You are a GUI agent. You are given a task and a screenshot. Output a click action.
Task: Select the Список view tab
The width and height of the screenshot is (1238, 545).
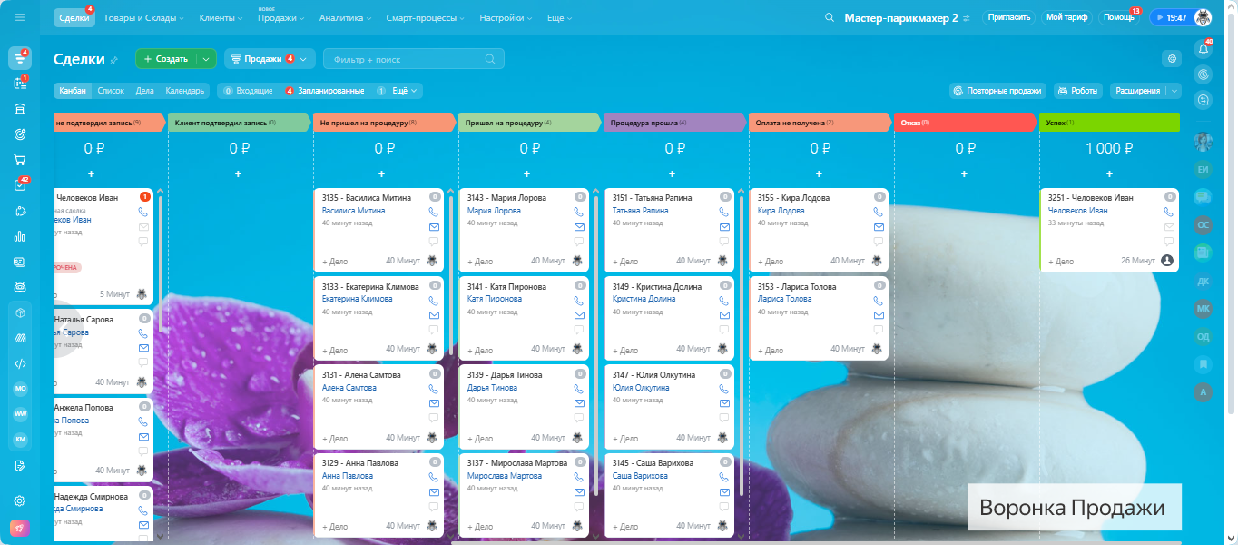[111, 91]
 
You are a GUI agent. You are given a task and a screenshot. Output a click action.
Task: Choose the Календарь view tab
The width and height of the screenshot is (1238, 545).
[184, 91]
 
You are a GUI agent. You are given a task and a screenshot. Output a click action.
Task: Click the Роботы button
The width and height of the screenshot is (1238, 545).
[1077, 91]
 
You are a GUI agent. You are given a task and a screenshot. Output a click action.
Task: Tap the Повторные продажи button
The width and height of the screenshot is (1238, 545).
[997, 91]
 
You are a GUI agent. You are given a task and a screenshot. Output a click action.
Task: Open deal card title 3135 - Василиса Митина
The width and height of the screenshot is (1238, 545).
[367, 197]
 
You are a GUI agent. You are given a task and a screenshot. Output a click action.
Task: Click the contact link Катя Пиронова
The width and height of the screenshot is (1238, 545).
[495, 299]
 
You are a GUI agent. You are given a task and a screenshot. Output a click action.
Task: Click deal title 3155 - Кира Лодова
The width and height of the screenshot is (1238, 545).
[793, 197]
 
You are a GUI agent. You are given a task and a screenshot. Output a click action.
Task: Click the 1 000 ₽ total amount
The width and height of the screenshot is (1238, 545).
[1109, 148]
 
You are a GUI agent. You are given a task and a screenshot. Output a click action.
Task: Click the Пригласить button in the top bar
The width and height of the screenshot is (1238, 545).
[1008, 17]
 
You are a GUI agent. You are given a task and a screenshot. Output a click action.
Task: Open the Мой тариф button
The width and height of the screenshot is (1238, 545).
[1066, 17]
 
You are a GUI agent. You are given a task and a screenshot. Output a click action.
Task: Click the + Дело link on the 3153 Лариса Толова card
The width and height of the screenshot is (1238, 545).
[771, 350]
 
